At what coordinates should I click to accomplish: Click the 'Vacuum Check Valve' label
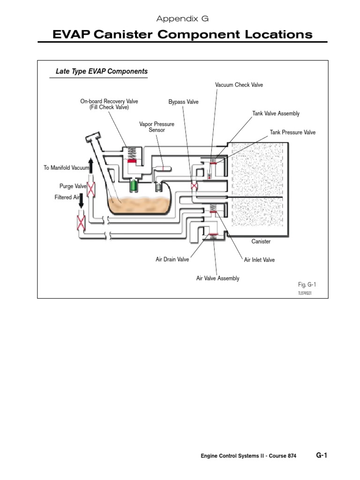[x=239, y=85]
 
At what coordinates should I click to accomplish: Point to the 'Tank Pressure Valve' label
[x=292, y=133]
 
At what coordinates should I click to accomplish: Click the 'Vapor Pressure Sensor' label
[x=157, y=127]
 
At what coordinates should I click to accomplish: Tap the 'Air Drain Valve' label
[x=172, y=259]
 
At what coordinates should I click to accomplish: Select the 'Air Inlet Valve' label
[x=259, y=260]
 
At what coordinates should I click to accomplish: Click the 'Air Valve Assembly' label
[x=217, y=278]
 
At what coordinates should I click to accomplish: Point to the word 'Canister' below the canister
[x=261, y=241]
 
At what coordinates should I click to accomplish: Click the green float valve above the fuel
[x=135, y=185]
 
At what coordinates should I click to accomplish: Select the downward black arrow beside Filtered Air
[x=81, y=200]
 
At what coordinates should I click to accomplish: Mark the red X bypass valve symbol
[x=194, y=187]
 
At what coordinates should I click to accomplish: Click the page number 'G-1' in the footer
[x=322, y=455]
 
